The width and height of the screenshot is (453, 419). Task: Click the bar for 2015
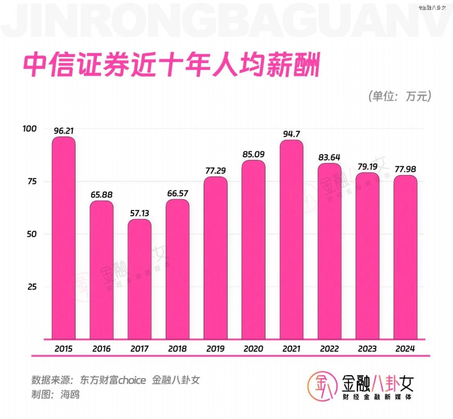[x=63, y=238]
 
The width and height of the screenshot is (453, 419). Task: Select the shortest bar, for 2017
[x=139, y=279]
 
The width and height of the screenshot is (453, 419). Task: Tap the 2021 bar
[x=291, y=240]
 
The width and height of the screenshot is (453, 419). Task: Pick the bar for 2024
[x=405, y=257]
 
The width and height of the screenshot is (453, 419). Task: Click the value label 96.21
[x=63, y=131]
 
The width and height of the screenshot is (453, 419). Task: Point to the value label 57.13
[x=139, y=213]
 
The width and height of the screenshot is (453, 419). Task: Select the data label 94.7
[x=291, y=134]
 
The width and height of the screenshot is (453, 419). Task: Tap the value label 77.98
[x=405, y=169]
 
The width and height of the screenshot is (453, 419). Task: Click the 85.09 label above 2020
[x=253, y=154]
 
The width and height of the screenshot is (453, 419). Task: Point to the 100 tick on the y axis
[x=29, y=129]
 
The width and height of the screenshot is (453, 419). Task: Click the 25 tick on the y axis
[x=32, y=287]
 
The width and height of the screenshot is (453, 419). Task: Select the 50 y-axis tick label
[x=32, y=234]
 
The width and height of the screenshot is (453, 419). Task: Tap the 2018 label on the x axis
[x=177, y=349]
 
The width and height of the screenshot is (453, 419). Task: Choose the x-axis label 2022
[x=329, y=349]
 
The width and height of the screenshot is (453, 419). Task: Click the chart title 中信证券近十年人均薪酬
[x=172, y=65]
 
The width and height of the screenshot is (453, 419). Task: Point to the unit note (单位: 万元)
[x=400, y=96]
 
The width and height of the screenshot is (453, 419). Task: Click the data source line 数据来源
[x=115, y=380]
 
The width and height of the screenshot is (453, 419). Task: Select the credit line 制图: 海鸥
[x=55, y=395]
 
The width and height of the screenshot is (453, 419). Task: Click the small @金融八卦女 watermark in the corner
[x=432, y=8]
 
